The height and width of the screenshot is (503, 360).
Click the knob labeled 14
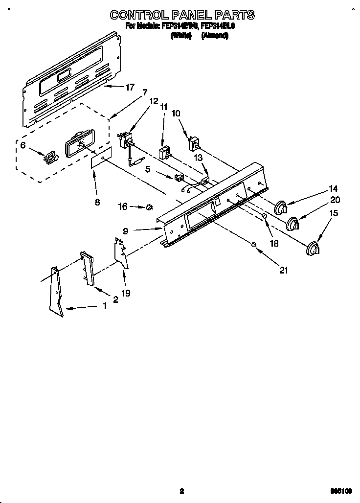(281, 207)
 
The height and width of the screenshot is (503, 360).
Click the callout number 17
(130, 88)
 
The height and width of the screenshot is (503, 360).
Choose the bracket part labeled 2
(87, 268)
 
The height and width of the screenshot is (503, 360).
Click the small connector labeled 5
(180, 177)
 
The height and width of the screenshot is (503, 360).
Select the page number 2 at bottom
(181, 491)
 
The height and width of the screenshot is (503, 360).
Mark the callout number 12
(154, 101)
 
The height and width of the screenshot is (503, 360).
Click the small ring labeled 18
(264, 215)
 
